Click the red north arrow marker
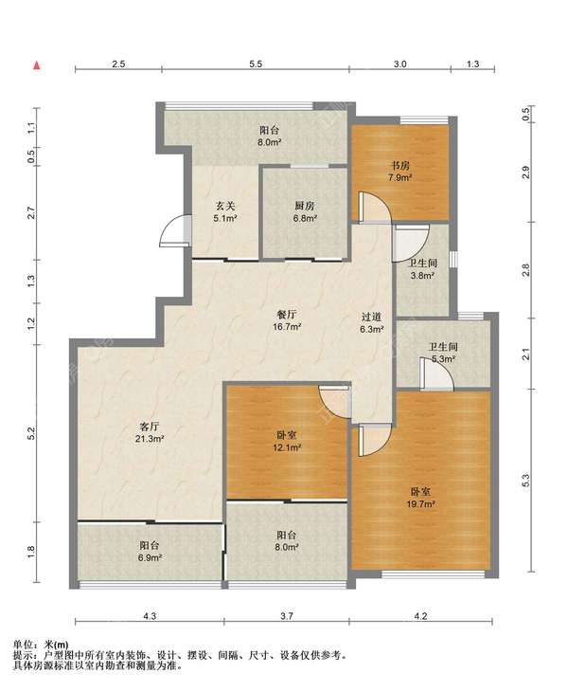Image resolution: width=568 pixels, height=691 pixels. tap(38, 66)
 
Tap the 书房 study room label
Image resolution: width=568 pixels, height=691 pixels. tap(400, 172)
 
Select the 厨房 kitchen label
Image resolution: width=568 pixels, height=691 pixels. tap(305, 211)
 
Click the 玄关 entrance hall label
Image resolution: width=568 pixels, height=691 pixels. tap(225, 211)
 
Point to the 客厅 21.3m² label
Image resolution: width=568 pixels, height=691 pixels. tap(150, 432)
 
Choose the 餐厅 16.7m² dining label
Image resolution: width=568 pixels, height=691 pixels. tap(287, 320)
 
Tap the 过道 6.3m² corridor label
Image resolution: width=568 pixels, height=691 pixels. tap(372, 322)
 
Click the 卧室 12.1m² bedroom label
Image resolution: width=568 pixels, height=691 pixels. tap(287, 441)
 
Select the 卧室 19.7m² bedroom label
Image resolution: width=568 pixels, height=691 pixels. tap(421, 498)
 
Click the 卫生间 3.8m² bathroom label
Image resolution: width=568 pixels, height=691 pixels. tap(423, 269)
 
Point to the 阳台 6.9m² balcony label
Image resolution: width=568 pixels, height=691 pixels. tap(150, 552)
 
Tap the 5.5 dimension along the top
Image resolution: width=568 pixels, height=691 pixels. tap(256, 64)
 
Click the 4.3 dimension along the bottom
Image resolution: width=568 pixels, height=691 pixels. tap(150, 616)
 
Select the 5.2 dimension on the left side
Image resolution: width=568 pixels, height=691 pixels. tap(31, 433)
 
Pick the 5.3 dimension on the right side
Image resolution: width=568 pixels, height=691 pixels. tap(525, 481)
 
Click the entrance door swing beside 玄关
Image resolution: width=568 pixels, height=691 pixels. tap(175, 229)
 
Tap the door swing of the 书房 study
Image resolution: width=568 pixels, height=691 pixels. tap(375, 208)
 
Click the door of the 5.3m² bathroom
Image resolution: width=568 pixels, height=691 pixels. tap(436, 374)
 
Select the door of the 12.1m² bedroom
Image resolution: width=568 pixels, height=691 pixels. tap(334, 402)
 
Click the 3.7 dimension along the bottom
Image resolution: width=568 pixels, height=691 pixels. tap(287, 616)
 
